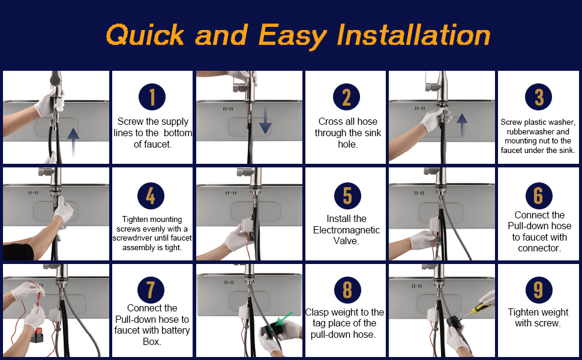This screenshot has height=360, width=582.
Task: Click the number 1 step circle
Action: (152, 97)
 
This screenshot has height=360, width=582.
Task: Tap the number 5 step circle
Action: (347, 196)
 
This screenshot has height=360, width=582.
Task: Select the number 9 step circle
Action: (539, 290)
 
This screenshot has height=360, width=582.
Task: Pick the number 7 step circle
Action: (151, 290)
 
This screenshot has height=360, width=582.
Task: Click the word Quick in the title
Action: (145, 35)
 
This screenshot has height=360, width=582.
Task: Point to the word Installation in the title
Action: (413, 35)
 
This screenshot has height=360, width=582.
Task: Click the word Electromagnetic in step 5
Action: (346, 230)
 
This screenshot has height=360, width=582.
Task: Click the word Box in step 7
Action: (151, 341)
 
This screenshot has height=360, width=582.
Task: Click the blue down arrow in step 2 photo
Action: (265, 119)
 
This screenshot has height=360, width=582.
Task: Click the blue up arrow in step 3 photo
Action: (462, 125)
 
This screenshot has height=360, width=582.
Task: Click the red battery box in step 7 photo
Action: (37, 335)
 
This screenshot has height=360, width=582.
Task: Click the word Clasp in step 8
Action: (317, 313)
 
